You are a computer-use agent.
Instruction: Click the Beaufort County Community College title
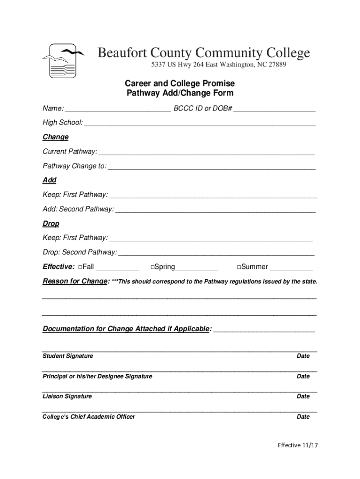203,53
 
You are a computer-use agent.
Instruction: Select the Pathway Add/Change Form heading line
180,93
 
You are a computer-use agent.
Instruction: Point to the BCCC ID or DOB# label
203,109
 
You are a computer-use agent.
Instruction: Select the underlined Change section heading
56,137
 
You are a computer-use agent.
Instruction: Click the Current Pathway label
70,152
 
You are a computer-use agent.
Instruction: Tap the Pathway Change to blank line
211,167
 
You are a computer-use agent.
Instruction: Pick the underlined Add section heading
50,180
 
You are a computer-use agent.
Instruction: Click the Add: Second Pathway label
78,209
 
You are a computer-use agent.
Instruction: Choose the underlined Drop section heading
51,224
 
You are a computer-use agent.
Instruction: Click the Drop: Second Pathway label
80,253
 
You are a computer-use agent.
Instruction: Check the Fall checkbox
81,267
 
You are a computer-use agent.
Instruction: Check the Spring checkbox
152,267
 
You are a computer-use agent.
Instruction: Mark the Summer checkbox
238,267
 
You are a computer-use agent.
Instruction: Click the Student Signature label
68,356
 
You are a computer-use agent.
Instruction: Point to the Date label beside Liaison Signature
303,396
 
